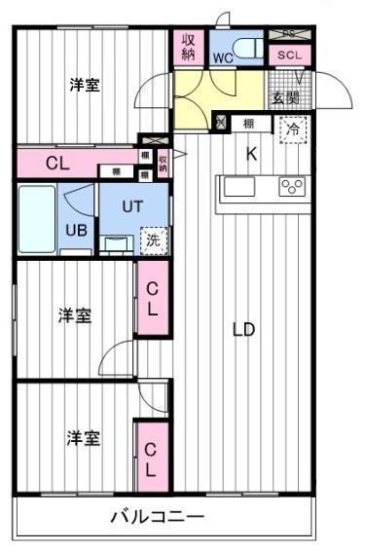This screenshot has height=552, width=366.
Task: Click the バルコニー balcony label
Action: pos(157,516)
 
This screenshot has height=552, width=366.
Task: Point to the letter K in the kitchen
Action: pos(250,153)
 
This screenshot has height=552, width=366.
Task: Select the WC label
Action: pos(222,57)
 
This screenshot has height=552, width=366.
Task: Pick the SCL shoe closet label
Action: pos(289,55)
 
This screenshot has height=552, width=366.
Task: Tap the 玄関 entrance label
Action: pos(285,97)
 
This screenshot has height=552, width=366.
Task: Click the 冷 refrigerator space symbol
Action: pos(291,128)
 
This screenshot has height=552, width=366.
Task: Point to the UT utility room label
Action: pos(132,206)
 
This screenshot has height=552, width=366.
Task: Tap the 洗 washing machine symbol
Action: pos(153,237)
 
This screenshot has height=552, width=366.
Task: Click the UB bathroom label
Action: pos(75,230)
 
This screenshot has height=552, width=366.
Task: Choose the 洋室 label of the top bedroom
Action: pos(84,86)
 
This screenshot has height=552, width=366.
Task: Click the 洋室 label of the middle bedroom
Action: pos(74,315)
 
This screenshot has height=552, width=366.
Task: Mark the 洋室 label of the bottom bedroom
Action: pos(84,438)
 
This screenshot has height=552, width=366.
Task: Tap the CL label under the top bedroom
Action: pos(57,163)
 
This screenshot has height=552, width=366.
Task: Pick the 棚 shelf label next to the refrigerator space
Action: pos(249,124)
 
